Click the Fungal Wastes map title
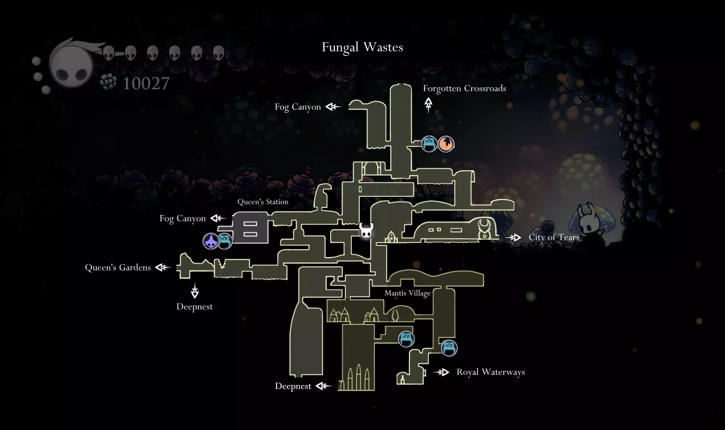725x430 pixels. coord(362,47)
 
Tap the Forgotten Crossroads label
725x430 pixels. coord(464,88)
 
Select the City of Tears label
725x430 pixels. coord(554,237)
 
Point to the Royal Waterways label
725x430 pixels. coord(491,372)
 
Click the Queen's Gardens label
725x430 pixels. coord(118,268)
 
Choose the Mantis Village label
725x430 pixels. coord(407,293)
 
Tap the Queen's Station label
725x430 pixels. coord(263,202)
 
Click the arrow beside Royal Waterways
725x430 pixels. coord(441,373)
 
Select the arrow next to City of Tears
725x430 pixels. coord(513,238)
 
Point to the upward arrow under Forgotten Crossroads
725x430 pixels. coord(428,105)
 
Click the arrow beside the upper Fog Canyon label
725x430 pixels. coord(333,107)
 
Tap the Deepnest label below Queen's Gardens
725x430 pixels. coord(194,306)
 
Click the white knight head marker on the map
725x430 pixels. coord(366,230)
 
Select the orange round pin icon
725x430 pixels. coord(446,144)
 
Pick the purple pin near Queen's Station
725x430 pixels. coord(211,241)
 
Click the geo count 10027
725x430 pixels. coord(146,84)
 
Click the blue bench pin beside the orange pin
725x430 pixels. coord(429,144)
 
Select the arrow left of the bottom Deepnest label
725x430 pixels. coord(323,386)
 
